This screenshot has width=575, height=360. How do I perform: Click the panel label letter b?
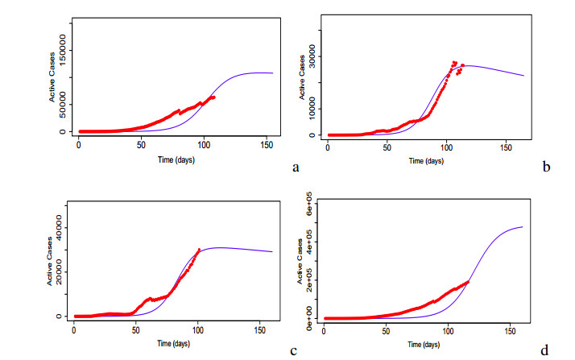547,168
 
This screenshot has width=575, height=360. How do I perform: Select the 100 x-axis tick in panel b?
446,149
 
